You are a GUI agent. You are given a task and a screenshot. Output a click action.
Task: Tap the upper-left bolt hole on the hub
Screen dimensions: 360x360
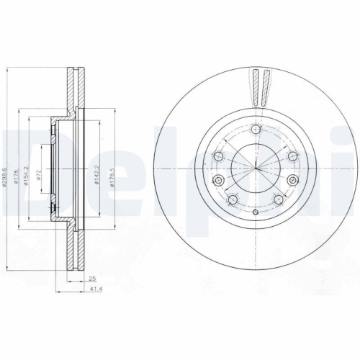tap(218, 156)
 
